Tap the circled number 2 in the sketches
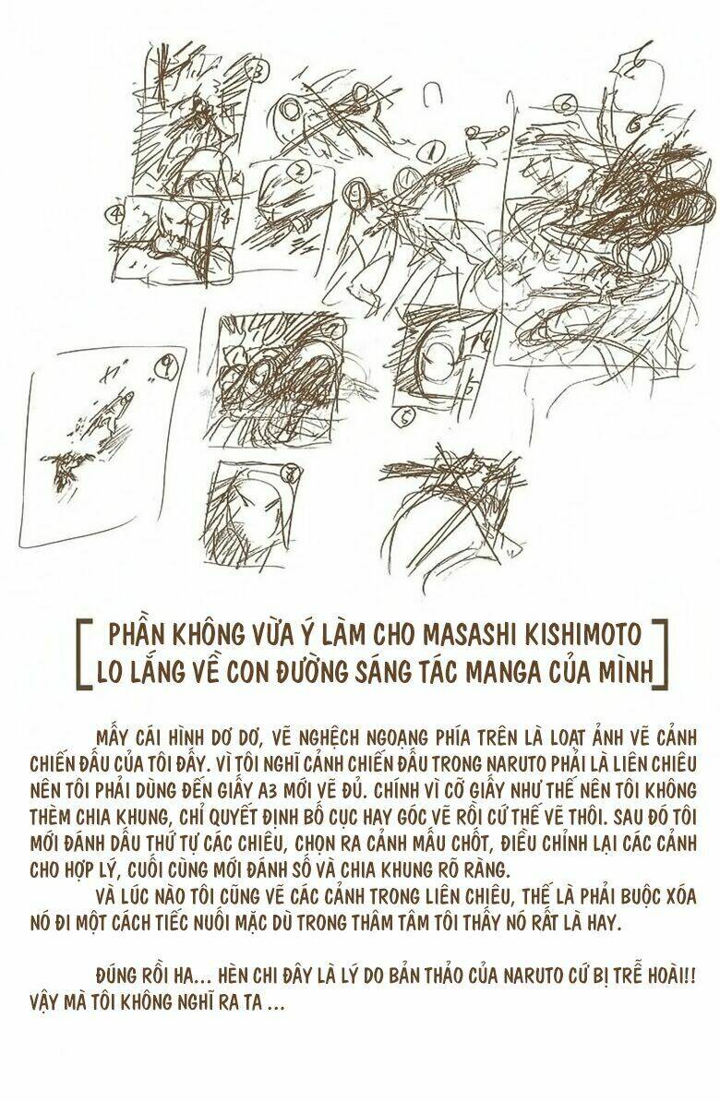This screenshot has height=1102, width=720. (300, 172)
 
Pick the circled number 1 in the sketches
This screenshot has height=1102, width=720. (430, 150)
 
